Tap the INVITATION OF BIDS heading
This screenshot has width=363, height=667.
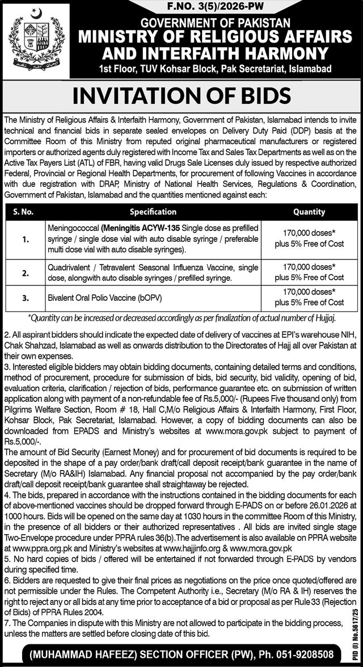[x=181, y=93]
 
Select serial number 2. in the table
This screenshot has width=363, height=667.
[x=26, y=272]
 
